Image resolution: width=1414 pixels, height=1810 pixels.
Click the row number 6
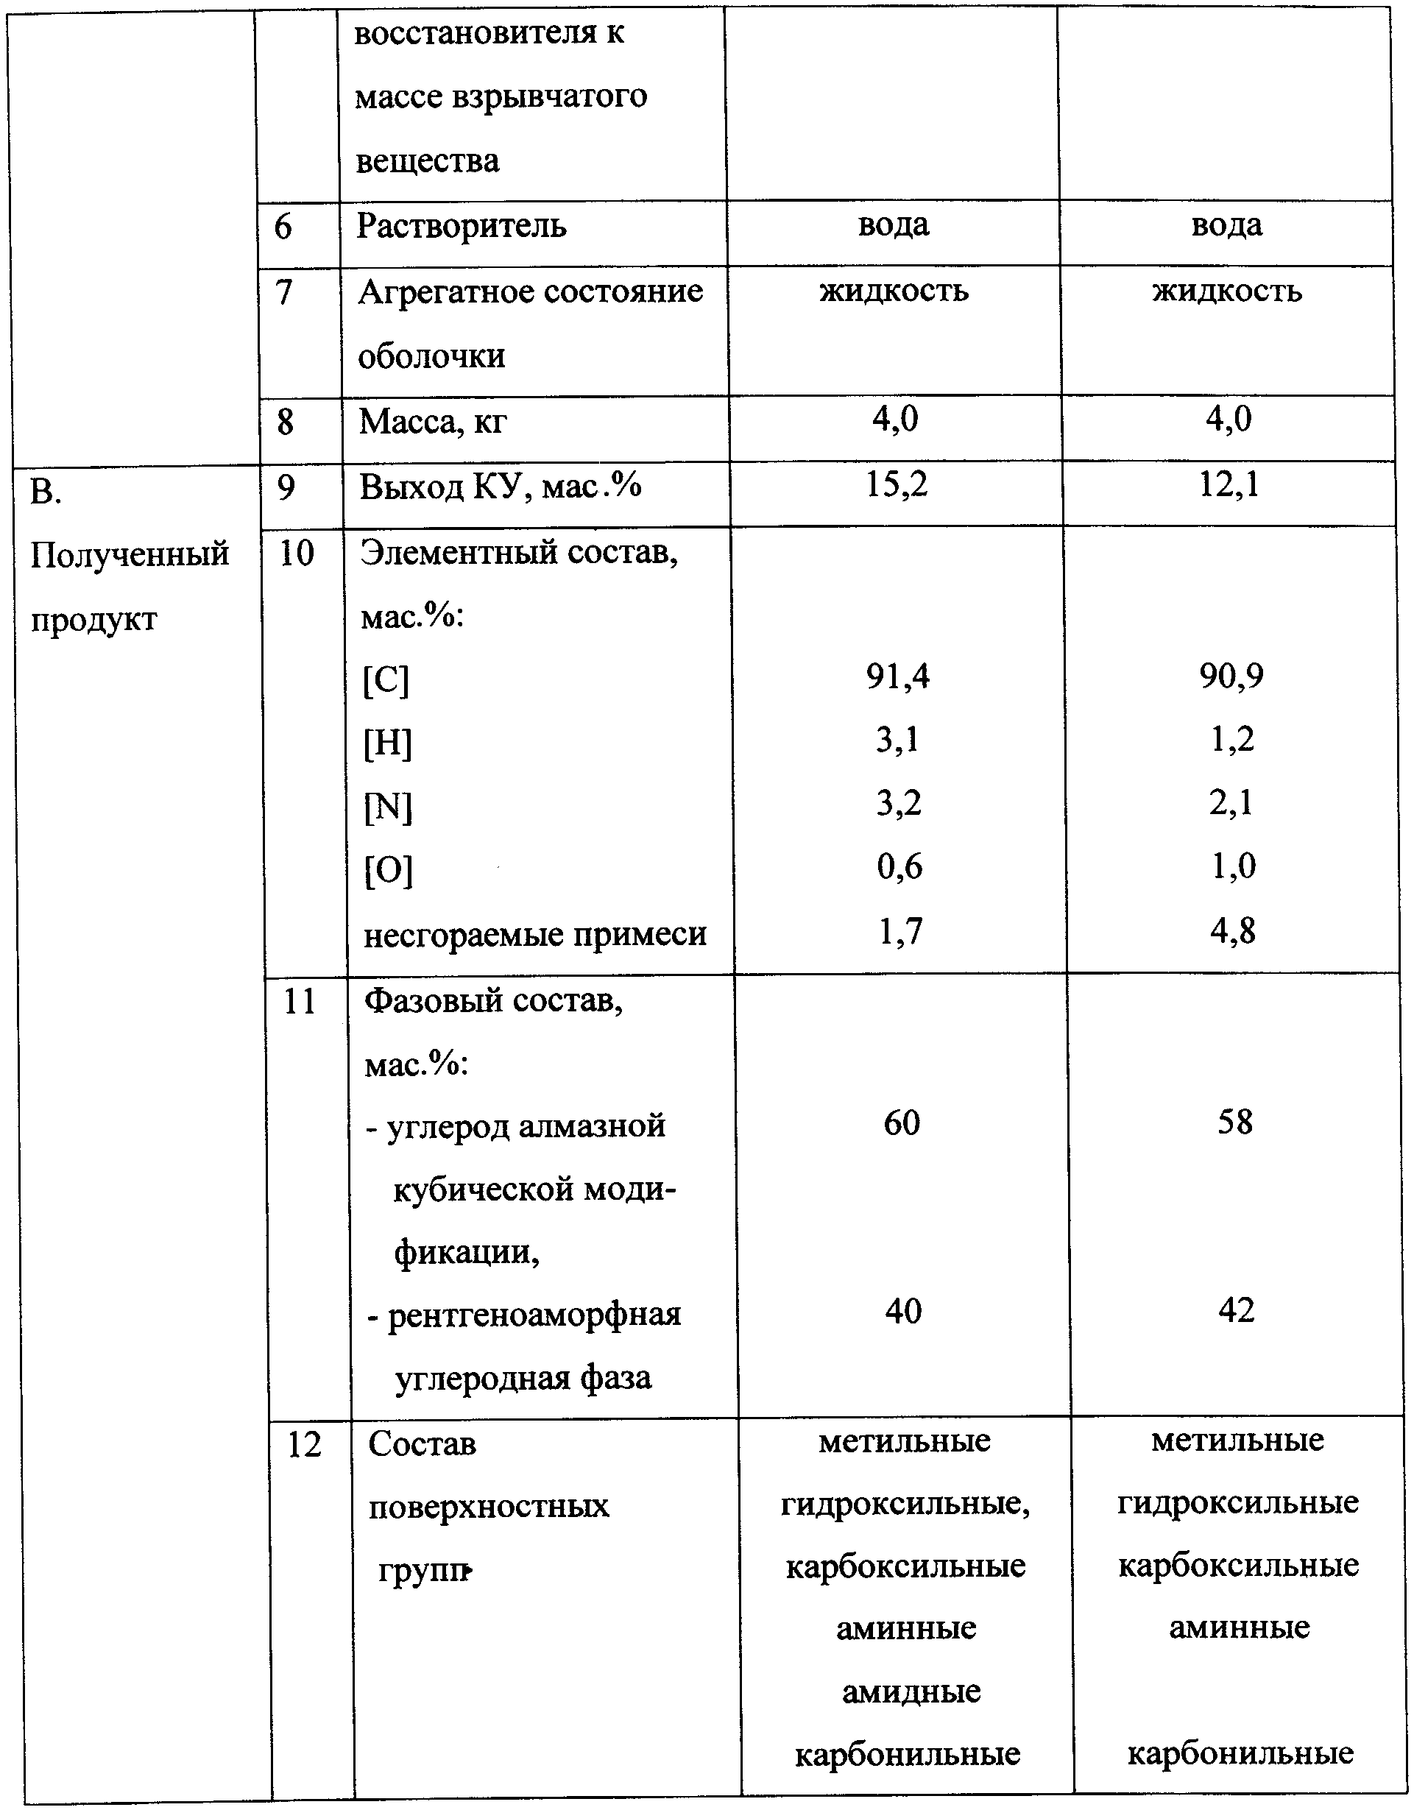pos(283,226)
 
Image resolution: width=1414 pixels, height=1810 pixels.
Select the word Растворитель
pos(461,226)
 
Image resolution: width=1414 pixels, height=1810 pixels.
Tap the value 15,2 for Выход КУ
pos(897,485)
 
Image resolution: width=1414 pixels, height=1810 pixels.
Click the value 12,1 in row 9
pos(1229,485)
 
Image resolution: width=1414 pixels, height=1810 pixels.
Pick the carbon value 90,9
pos(1231,677)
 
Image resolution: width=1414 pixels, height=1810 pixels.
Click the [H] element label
pos(387,743)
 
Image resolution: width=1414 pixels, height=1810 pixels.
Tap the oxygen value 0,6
pos(900,868)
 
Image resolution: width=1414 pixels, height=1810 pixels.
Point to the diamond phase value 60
pos(902,1123)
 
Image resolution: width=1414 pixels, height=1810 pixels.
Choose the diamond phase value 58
pos(1235,1123)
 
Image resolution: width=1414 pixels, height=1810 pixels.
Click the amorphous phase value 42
pos(1237,1310)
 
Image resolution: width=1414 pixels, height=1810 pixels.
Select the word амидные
pos(911,1691)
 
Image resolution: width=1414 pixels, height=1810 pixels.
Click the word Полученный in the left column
pos(130,554)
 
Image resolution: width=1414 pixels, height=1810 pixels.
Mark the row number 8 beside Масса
pos(285,422)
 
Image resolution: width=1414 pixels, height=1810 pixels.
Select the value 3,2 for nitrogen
pos(899,804)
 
